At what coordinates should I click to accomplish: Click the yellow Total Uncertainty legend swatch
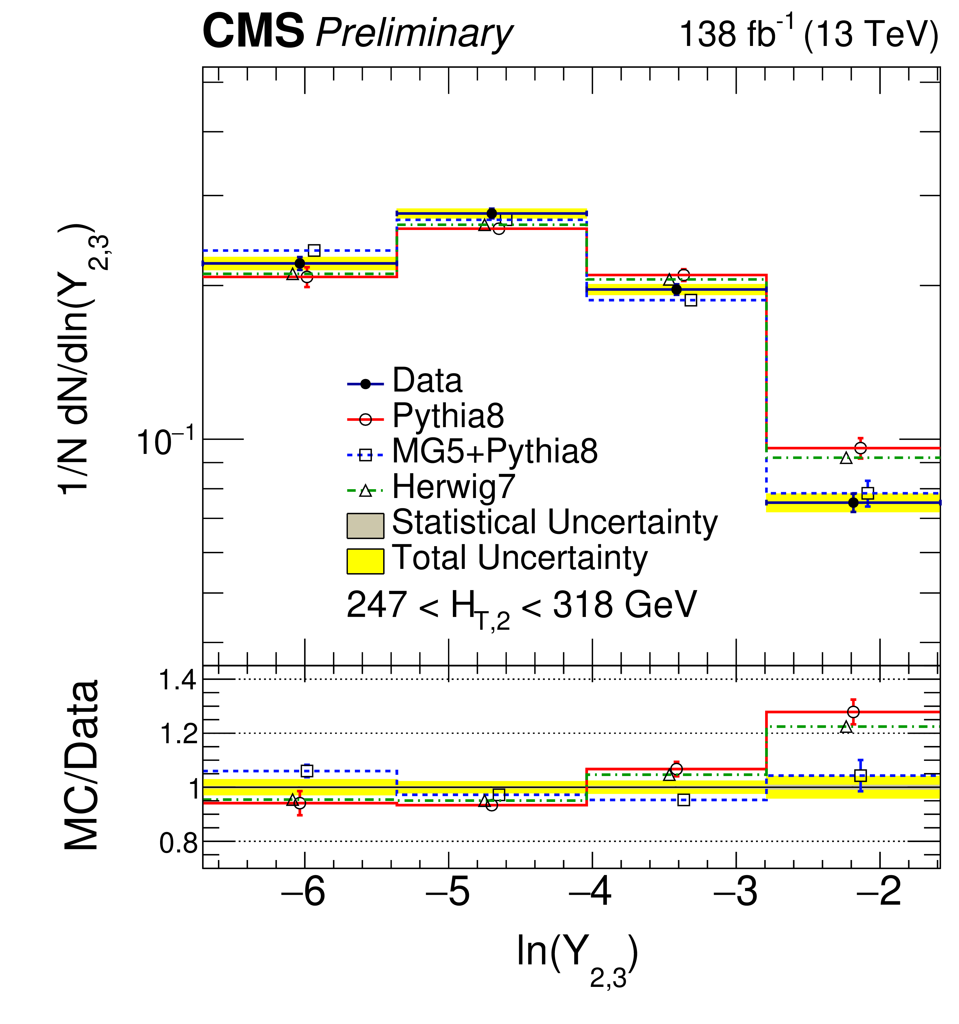coord(365,561)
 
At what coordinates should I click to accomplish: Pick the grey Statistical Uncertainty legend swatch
coord(365,525)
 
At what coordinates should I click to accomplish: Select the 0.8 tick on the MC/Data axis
coord(178,843)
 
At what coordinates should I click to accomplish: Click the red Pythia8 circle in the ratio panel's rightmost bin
coord(853,712)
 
